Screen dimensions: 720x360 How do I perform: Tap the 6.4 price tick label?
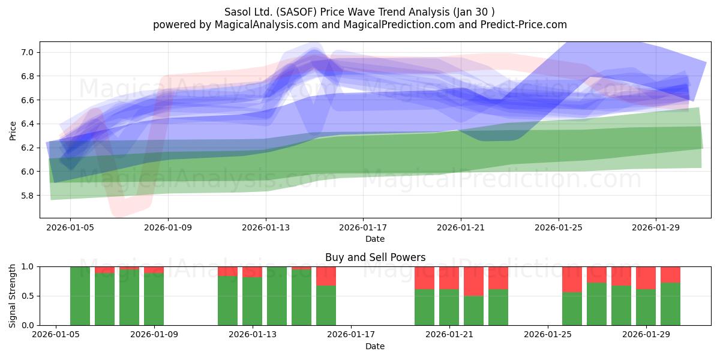27,124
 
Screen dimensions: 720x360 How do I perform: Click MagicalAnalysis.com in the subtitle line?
266,25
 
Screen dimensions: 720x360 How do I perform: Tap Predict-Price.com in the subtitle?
524,25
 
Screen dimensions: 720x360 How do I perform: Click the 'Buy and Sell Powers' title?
375,257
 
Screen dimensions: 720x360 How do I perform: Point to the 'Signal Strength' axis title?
12,296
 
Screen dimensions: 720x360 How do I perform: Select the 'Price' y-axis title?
13,131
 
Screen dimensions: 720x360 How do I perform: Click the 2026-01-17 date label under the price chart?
363,227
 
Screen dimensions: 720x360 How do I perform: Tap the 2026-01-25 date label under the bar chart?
548,335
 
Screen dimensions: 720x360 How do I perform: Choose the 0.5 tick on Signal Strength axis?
28,296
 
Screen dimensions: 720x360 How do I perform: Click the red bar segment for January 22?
473,281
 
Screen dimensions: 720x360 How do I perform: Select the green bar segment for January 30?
670,304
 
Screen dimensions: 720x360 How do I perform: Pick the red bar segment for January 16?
326,276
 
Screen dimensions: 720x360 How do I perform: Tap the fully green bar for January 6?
80,296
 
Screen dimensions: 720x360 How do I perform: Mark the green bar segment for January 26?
572,308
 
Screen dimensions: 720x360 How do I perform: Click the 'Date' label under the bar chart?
375,346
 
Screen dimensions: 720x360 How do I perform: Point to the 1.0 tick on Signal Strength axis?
28,266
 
